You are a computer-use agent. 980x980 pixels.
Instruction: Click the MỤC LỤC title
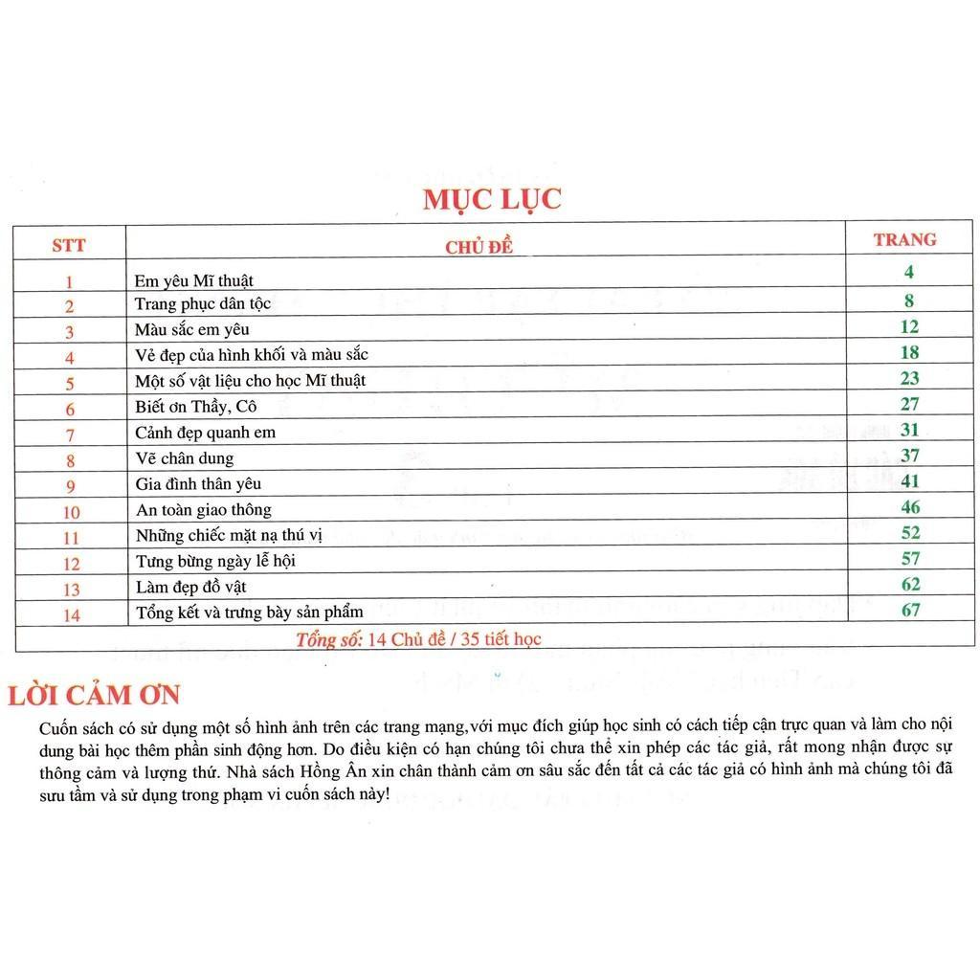pyautogui.click(x=492, y=199)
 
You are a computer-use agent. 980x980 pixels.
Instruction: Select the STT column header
pyautogui.click(x=69, y=246)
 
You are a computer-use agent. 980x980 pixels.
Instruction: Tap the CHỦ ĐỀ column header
pyautogui.click(x=479, y=248)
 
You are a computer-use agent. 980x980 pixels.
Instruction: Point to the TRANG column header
pyautogui.click(x=904, y=239)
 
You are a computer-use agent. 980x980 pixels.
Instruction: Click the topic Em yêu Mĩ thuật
pyautogui.click(x=194, y=281)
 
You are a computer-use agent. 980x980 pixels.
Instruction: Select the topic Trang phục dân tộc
pyautogui.click(x=203, y=304)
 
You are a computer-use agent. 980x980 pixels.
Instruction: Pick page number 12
pyautogui.click(x=908, y=326)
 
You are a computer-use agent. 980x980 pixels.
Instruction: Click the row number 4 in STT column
pyautogui.click(x=70, y=358)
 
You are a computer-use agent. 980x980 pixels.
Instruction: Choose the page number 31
pyautogui.click(x=909, y=430)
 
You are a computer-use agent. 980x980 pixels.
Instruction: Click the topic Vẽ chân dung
pyautogui.click(x=185, y=458)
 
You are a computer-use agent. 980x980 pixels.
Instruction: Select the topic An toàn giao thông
pyautogui.click(x=204, y=510)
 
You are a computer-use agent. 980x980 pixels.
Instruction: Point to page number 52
pyautogui.click(x=910, y=532)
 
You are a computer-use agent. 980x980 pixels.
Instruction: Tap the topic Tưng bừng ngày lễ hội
pyautogui.click(x=215, y=560)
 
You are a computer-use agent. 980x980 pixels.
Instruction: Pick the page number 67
pyautogui.click(x=910, y=609)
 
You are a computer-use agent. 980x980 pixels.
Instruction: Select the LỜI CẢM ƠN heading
pyautogui.click(x=94, y=696)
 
